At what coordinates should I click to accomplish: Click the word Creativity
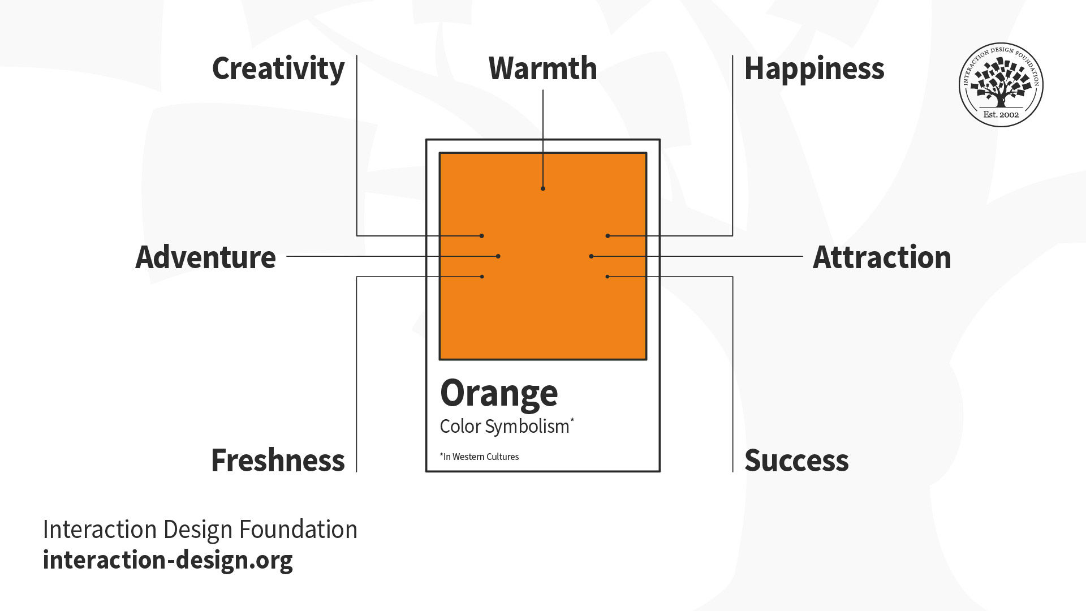(278, 69)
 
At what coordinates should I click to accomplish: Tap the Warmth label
(543, 68)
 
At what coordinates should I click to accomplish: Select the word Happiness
(815, 70)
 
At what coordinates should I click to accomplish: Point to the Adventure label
(206, 257)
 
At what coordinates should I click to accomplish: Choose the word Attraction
(882, 257)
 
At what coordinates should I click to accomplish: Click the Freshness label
(278, 460)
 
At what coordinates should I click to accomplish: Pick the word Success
(796, 460)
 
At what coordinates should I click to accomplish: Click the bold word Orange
(499, 394)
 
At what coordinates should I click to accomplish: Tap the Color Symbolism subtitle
(505, 427)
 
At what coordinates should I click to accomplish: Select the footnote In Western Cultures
(479, 457)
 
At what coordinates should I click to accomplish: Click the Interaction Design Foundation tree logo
(1001, 85)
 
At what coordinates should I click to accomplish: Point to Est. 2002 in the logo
(1001, 114)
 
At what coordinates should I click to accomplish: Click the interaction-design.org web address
(168, 560)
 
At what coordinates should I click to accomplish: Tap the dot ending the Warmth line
(543, 188)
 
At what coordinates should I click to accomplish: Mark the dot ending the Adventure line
(498, 256)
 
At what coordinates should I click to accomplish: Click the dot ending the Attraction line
(591, 256)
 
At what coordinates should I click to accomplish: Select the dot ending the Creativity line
(482, 236)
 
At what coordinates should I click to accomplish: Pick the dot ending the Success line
(607, 277)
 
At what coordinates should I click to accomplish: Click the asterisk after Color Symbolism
(572, 420)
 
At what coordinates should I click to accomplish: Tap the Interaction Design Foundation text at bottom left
(200, 530)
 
